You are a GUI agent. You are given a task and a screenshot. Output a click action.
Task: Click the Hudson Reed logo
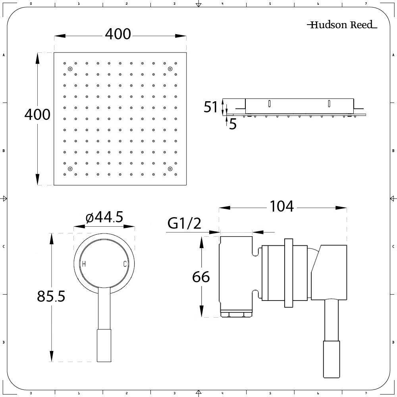pyautogui.click(x=342, y=25)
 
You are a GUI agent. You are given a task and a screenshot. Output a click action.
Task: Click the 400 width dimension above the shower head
pyautogui.click(x=118, y=34)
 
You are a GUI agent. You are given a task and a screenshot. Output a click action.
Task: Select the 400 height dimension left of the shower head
pyautogui.click(x=37, y=114)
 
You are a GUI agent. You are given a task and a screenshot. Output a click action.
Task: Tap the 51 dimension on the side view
pyautogui.click(x=210, y=107)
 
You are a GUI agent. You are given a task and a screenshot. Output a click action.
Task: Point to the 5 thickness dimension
pyautogui.click(x=233, y=124)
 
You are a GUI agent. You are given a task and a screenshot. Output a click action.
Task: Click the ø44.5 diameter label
pyautogui.click(x=104, y=217)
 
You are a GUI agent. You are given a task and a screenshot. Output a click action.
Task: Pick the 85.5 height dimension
pyautogui.click(x=51, y=296)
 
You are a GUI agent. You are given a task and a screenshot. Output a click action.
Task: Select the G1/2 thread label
pyautogui.click(x=184, y=223)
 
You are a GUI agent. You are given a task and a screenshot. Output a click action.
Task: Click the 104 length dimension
pyautogui.click(x=281, y=206)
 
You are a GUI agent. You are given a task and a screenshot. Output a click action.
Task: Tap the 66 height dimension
pyautogui.click(x=201, y=277)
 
